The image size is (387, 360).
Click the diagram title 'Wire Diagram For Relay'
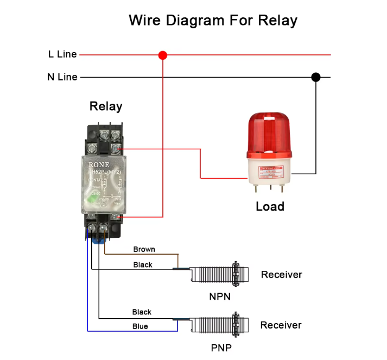[213, 21]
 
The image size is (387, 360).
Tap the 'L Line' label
[62, 54]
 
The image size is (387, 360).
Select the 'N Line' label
[62, 77]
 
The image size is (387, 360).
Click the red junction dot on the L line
[162, 55]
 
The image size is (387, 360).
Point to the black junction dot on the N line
[315, 77]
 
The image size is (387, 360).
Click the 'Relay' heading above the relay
[106, 106]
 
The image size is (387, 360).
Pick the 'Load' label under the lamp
[270, 206]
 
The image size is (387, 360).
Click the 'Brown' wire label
[144, 249]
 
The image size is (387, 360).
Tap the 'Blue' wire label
[140, 326]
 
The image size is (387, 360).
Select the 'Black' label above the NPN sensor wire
[143, 264]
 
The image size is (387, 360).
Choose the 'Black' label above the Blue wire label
[142, 312]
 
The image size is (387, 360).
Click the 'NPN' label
[220, 296]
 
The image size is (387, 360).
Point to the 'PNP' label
[221, 348]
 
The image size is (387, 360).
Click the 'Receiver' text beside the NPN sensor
[281, 275]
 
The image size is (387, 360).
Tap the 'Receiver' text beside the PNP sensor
[281, 325]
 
